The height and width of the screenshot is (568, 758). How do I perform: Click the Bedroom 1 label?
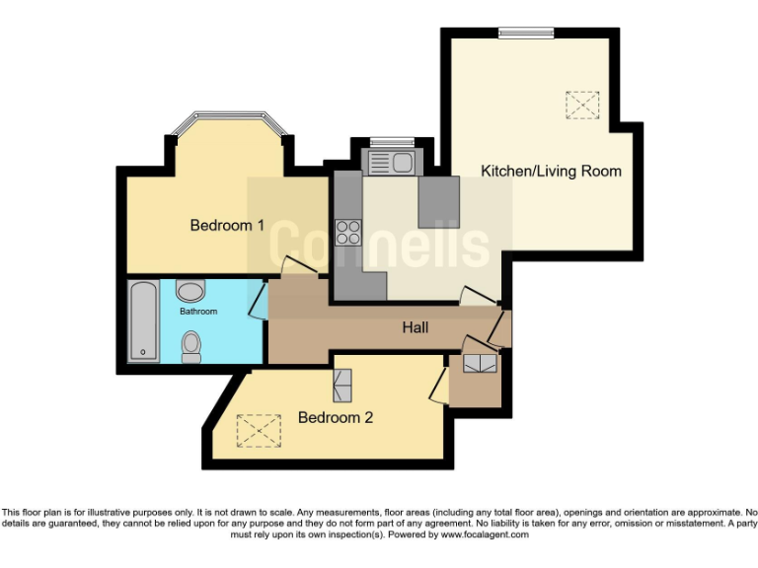226,225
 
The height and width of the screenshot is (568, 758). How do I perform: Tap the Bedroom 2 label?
336,417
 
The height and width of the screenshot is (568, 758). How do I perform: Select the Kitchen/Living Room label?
551,171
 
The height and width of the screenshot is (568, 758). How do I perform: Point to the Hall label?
415,326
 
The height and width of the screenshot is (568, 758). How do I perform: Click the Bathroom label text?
197,312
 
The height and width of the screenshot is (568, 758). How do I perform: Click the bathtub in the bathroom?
143,320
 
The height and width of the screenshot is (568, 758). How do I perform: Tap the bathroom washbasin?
189,291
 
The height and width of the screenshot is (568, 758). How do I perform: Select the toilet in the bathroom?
190,344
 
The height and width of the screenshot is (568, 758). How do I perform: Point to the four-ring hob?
347,232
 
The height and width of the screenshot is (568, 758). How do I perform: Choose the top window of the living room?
525,33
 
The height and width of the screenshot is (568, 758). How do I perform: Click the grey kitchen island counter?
438,201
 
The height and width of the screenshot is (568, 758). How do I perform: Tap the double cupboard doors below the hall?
482,362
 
